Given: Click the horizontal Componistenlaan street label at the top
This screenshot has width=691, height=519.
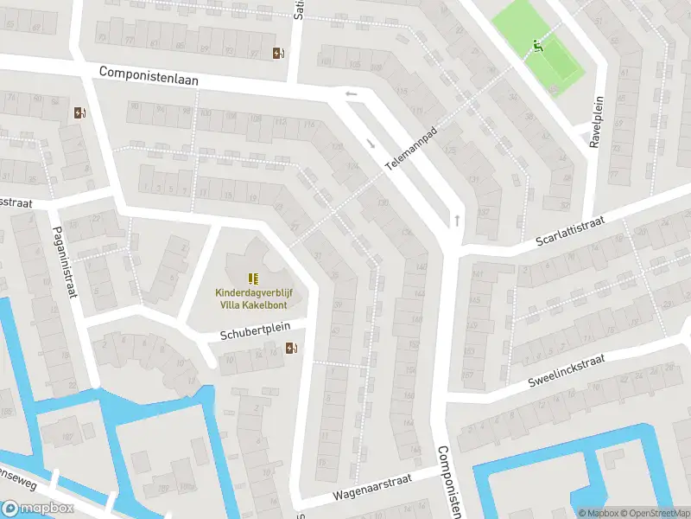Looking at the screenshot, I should click(149, 75).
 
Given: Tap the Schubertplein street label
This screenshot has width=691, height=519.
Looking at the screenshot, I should click(263, 331).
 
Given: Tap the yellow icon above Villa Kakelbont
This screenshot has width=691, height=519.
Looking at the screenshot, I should click(252, 278).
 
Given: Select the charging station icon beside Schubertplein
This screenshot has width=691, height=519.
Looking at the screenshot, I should click(291, 348).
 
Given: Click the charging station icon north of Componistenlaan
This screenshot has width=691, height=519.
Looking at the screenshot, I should click(278, 53).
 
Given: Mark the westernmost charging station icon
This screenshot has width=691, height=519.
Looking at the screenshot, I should click(79, 112).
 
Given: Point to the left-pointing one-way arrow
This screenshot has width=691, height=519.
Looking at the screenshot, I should click(350, 94).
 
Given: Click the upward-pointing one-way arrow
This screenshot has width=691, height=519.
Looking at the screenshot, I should click(456, 221).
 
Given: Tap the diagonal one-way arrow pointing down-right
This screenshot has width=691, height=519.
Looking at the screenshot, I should click(371, 144).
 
